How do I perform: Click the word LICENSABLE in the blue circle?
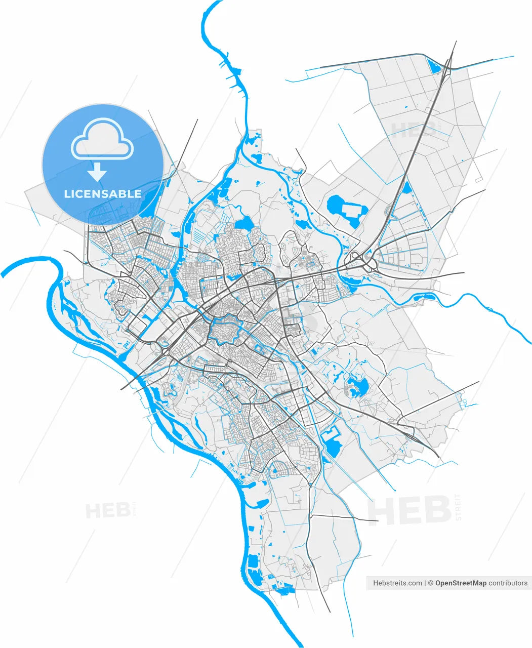(x=103, y=194)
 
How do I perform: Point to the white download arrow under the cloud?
(x=97, y=173)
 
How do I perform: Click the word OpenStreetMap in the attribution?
(x=461, y=583)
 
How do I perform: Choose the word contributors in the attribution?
(x=508, y=583)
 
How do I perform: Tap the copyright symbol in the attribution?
(x=431, y=583)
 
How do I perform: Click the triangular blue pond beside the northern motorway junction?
(x=433, y=65)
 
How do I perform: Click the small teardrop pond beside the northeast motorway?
(x=406, y=188)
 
